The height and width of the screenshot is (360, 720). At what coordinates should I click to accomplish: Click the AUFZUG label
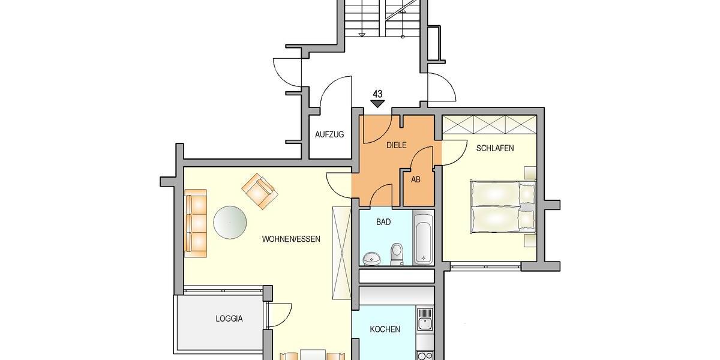click(329, 134)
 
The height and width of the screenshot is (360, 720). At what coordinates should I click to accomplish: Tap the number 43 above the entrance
click(377, 94)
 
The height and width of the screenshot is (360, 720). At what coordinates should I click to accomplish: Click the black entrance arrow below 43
click(377, 103)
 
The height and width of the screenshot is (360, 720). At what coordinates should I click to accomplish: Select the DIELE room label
click(397, 145)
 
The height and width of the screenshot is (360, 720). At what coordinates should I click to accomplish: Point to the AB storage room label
click(416, 179)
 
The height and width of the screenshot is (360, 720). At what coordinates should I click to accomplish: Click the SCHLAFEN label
click(495, 148)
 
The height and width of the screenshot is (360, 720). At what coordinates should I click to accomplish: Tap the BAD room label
click(383, 222)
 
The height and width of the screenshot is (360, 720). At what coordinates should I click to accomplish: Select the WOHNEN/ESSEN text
click(291, 239)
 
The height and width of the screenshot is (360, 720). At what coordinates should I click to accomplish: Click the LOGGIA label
click(229, 319)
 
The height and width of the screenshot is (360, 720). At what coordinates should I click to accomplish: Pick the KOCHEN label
click(385, 329)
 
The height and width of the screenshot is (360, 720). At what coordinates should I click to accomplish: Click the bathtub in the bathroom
click(423, 239)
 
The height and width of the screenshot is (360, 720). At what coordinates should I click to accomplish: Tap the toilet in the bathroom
click(397, 254)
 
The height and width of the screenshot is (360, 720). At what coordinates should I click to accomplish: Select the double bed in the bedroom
click(503, 206)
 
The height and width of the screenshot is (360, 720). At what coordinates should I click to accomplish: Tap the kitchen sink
click(425, 320)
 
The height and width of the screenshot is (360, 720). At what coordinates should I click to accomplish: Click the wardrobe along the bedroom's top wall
click(488, 125)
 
